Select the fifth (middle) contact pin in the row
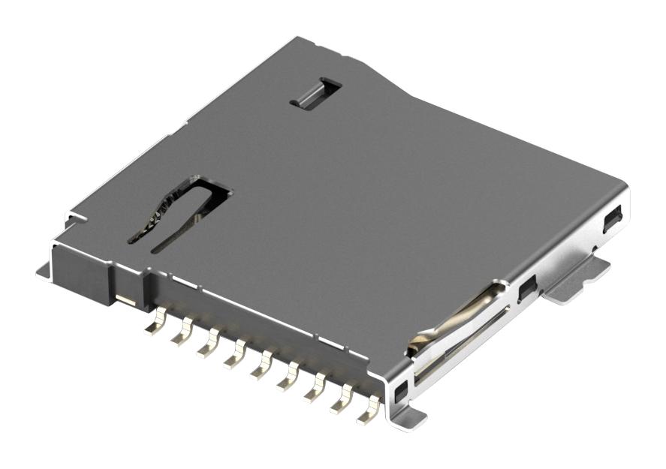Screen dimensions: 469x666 tap(261, 368)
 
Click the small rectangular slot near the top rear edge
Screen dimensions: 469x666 tap(315, 92)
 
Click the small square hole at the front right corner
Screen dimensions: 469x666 tap(400, 389)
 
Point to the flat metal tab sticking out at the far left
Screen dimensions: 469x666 tap(44, 271)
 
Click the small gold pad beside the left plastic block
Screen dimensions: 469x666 tap(126, 302)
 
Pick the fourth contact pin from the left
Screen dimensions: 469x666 tap(235, 357)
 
